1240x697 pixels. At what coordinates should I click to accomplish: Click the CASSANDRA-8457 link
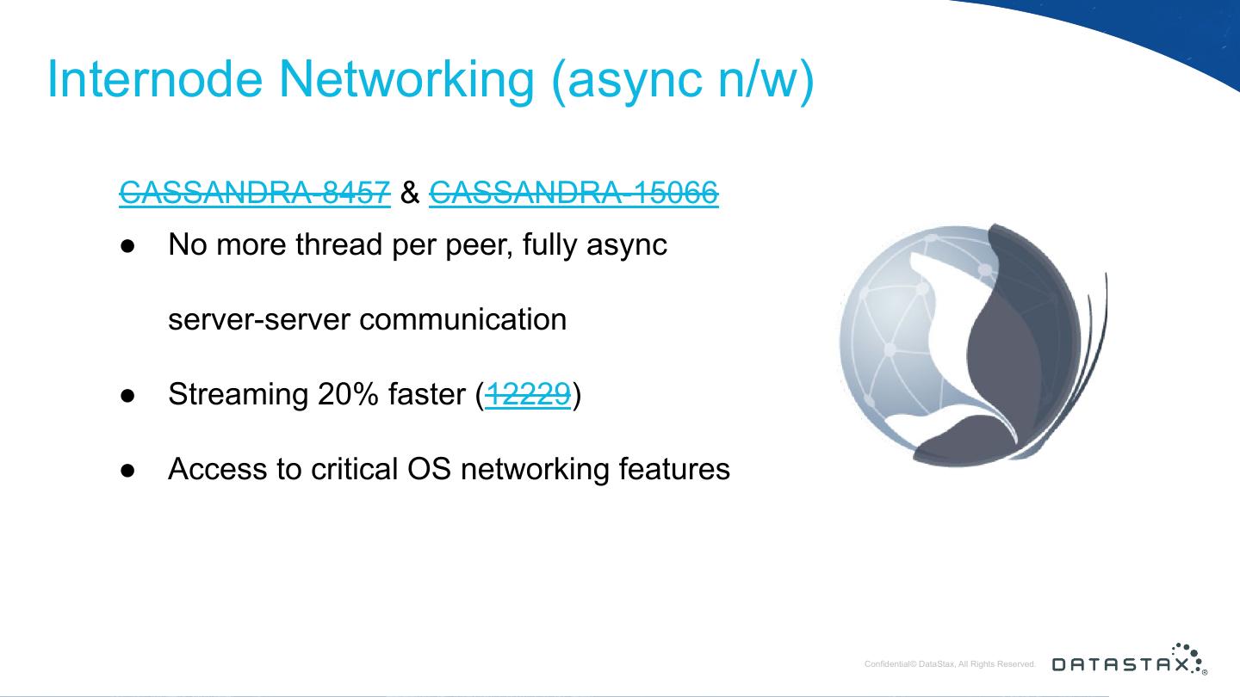pos(255,193)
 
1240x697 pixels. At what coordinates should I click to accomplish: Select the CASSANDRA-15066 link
pos(573,193)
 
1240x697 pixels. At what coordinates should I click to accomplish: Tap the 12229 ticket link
pos(528,394)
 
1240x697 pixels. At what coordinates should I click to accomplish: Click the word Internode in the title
pos(156,78)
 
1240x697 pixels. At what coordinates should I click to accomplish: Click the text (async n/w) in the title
pos(681,78)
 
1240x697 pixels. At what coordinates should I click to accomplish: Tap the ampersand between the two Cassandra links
pos(410,193)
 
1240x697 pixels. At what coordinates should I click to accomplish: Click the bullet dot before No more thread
pos(127,245)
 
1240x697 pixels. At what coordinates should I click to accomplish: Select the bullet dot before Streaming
pos(127,395)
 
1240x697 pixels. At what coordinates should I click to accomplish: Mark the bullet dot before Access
pos(127,470)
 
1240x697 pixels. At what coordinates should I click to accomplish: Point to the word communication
pos(462,319)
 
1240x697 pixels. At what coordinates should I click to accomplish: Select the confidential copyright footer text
pos(950,664)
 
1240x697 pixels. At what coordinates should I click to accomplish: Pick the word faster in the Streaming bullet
pos(427,394)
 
